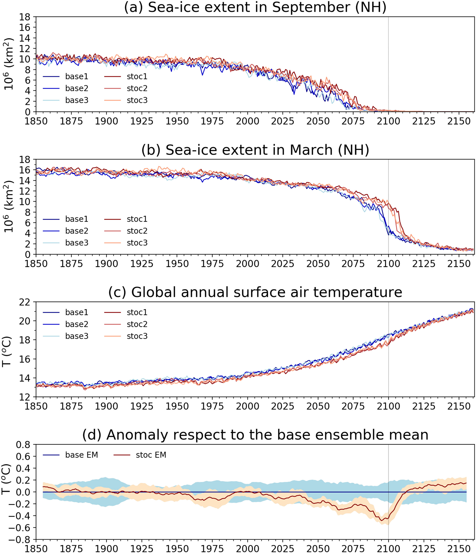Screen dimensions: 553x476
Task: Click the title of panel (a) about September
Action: [255, 7]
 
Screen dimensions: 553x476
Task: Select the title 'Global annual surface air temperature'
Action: [255, 292]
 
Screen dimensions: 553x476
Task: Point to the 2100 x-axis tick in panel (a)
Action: [388, 121]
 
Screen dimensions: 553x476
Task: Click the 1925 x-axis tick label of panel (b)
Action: [142, 264]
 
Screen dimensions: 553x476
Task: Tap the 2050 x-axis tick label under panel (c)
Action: [318, 406]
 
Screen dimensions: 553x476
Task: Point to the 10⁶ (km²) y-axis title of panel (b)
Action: [8, 207]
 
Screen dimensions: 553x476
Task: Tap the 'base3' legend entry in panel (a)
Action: [76, 100]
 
